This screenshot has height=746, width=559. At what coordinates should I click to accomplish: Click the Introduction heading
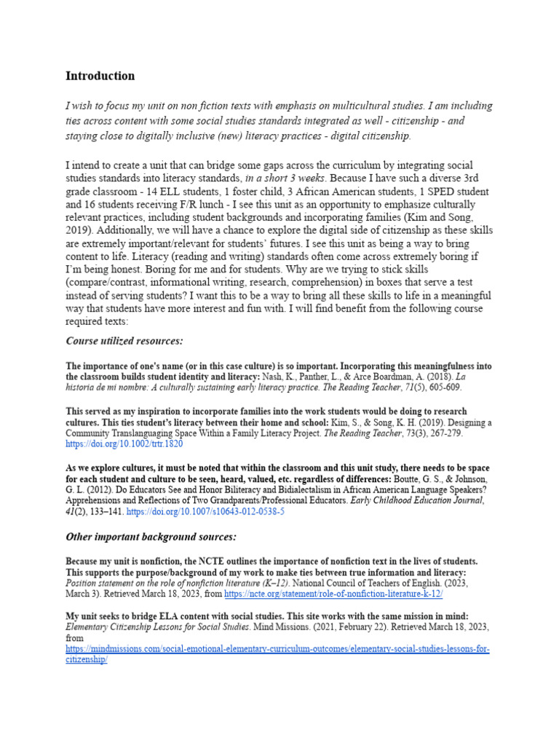[100, 76]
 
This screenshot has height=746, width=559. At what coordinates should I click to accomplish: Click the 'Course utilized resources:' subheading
[124, 341]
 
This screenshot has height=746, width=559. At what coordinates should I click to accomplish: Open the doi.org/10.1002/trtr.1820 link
[124, 443]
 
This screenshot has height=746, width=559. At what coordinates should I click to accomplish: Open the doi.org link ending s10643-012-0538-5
[205, 512]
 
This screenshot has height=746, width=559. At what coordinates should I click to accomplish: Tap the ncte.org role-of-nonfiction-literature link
[325, 594]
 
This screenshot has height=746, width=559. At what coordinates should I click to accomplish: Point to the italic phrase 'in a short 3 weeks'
[285, 178]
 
